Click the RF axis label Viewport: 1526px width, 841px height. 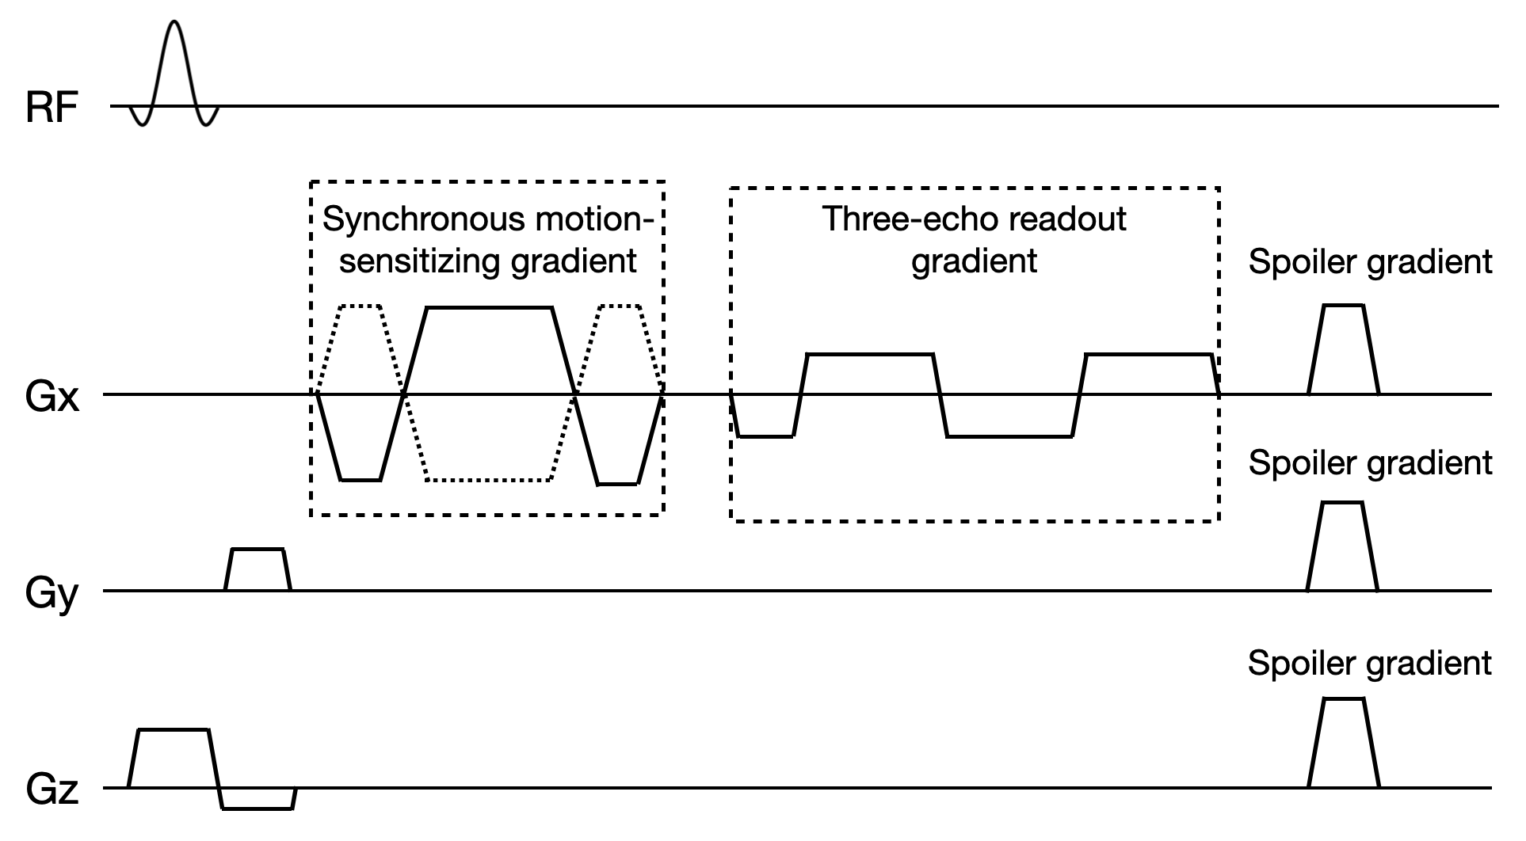pyautogui.click(x=52, y=108)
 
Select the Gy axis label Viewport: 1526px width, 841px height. pyautogui.click(x=52, y=593)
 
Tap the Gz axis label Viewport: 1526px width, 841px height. pyautogui.click(x=52, y=790)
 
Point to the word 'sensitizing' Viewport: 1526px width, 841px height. pyautogui.click(x=420, y=261)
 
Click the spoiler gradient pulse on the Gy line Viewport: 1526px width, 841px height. pyautogui.click(x=1342, y=546)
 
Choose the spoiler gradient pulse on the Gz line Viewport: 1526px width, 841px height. pyautogui.click(x=1343, y=743)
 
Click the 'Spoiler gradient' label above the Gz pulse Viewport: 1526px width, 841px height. pyautogui.click(x=1369, y=663)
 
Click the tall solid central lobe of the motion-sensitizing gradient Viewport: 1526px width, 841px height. pyautogui.click(x=489, y=348)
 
